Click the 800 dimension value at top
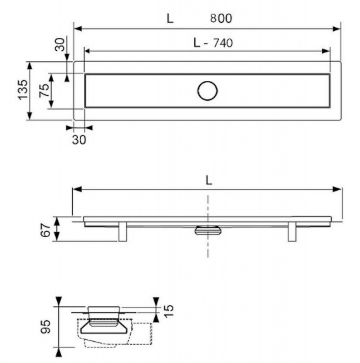point(221,18)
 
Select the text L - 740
point(213,43)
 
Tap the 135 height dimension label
point(23,90)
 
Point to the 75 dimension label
point(44,90)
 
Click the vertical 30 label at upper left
point(59,44)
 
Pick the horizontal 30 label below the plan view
point(79,140)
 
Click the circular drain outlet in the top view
point(207,91)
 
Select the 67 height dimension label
point(46,230)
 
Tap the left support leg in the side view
point(123,232)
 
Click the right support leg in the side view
point(292,232)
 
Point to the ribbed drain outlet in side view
point(208,231)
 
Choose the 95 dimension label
point(45,327)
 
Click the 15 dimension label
point(168,311)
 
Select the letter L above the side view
point(209,180)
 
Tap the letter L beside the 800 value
point(170,19)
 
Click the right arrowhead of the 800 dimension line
point(336,29)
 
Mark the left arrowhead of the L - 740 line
point(88,51)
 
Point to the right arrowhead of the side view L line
point(337,189)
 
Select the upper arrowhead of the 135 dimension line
point(30,66)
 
